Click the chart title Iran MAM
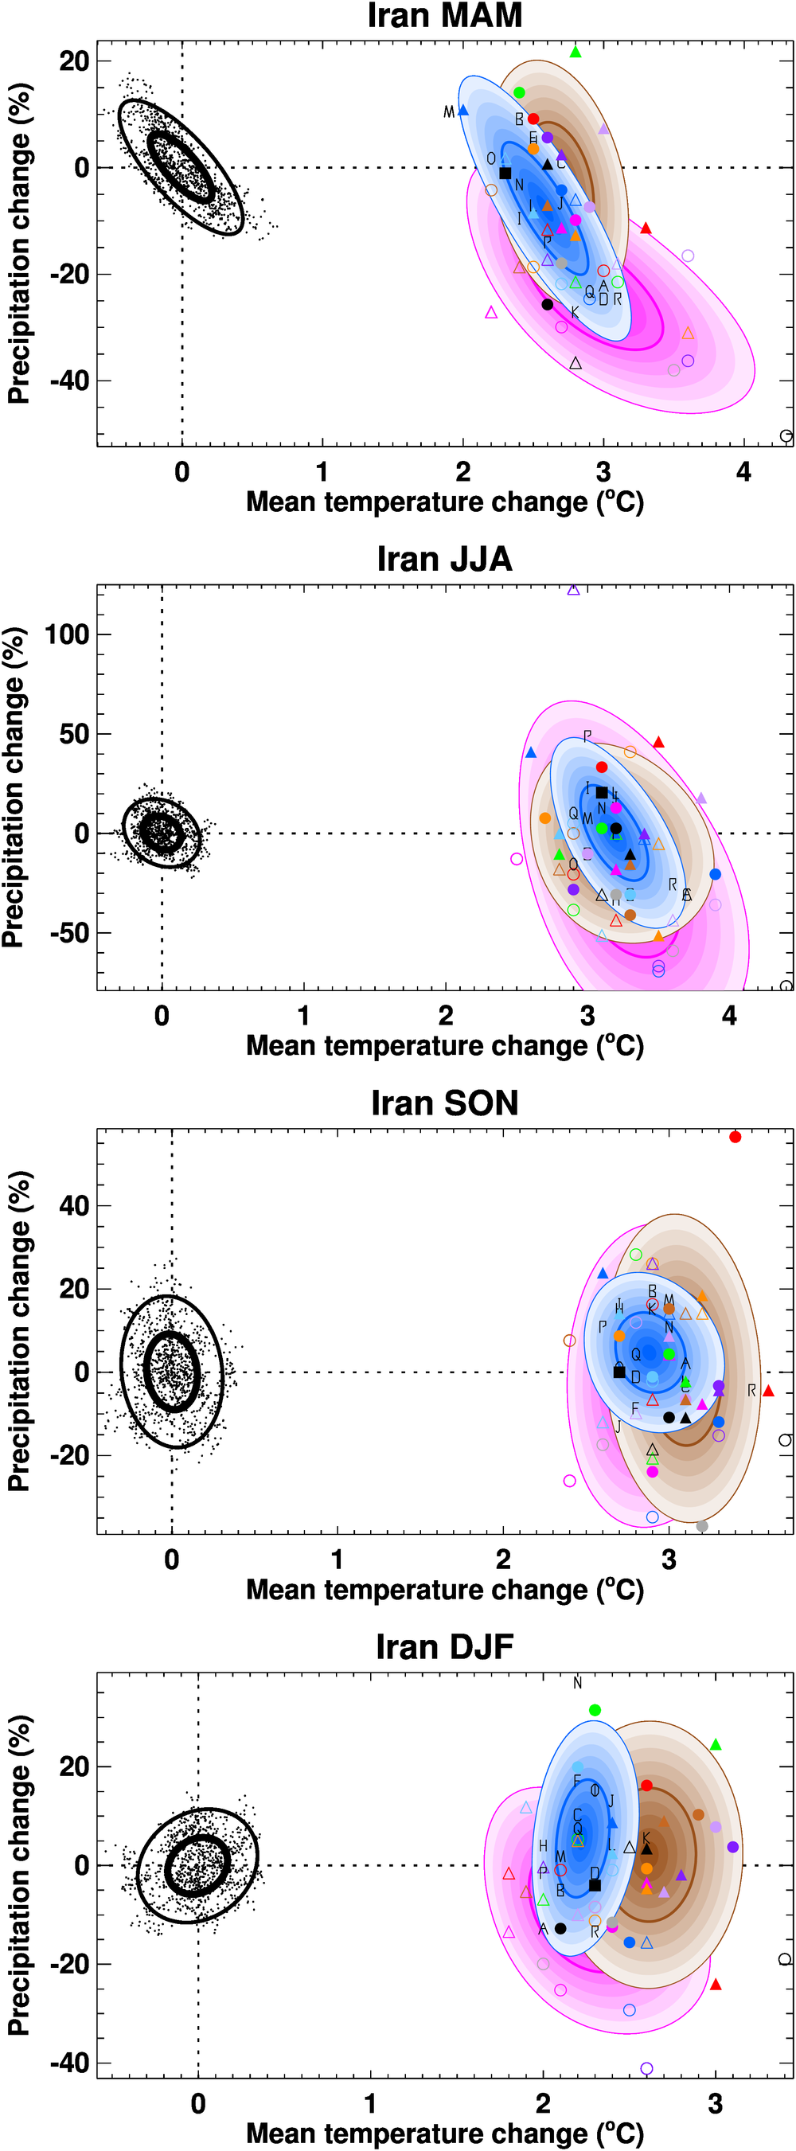pos(444,16)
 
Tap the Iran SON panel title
pos(444,1103)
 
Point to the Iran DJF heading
pos(444,1646)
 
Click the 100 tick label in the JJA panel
pos(67,634)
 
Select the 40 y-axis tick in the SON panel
pos(73,1206)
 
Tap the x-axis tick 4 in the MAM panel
pos(743,473)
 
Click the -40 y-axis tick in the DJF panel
pos(70,2063)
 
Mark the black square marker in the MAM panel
pos(505,173)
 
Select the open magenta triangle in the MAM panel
pos(491,313)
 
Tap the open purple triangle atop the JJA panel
pos(573,590)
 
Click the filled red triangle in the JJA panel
pos(658,742)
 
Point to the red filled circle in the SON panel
pos(735,1138)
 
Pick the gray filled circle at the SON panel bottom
pos(702,1526)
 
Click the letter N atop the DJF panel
pos(577,1684)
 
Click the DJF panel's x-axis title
pos(444,2133)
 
